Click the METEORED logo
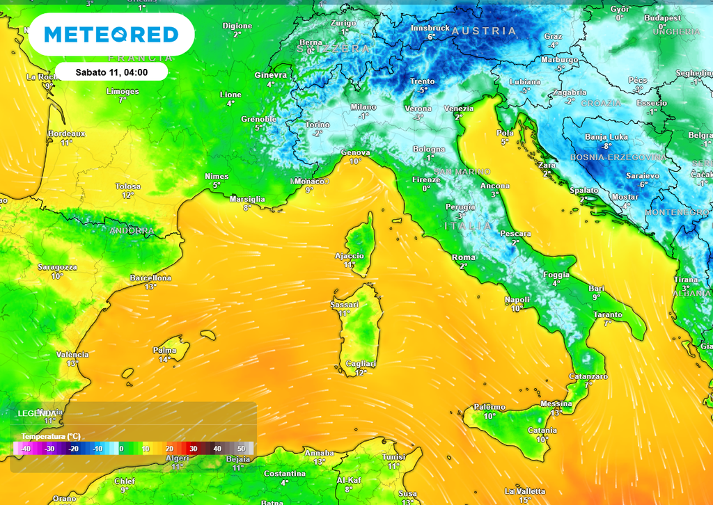point(111,34)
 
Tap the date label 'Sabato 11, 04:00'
point(111,72)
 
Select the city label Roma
point(464,257)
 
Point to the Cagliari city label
point(360,364)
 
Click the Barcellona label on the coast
point(150,278)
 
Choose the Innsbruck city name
point(431,28)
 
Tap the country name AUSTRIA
point(484,31)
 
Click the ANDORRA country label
point(132,230)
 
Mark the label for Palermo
point(489,407)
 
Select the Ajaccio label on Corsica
point(349,256)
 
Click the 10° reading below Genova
point(355,161)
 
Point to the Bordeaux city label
point(66,134)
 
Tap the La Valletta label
point(524,491)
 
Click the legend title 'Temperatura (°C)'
point(51,436)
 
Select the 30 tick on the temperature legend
point(194,449)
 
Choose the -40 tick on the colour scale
point(25,449)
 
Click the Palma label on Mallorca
point(164,351)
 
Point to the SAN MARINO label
point(462,171)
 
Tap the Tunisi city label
point(393,457)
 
